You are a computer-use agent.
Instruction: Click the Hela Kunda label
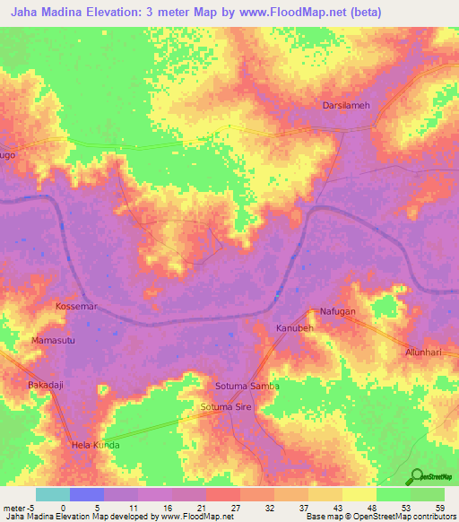coord(95,445)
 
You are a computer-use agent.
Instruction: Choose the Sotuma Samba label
coord(247,386)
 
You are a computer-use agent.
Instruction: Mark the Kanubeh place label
coord(295,328)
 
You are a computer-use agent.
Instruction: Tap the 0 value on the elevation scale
coord(63,507)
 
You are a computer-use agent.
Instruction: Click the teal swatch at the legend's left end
coord(52,494)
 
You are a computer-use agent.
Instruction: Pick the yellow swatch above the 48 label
coord(359,494)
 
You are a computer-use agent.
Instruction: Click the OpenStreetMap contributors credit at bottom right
coord(405,517)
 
